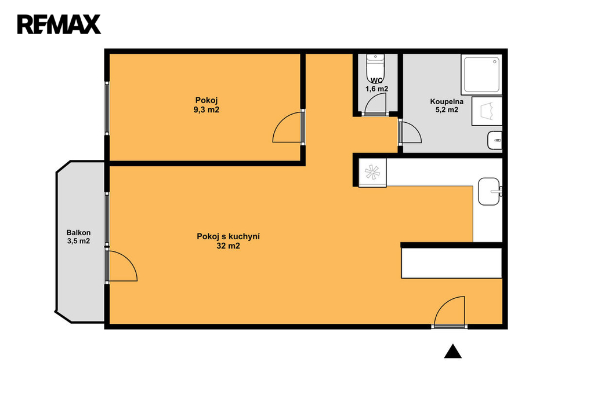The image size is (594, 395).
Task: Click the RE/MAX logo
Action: click(x=59, y=24)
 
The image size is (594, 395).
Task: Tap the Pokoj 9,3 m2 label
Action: click(x=207, y=105)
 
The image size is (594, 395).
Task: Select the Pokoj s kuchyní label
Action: click(x=228, y=236)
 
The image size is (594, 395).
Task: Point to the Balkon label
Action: click(x=78, y=233)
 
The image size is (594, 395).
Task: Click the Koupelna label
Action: click(x=447, y=101)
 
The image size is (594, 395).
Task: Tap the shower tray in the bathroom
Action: click(x=481, y=75)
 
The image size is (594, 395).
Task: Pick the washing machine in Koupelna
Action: click(x=487, y=111)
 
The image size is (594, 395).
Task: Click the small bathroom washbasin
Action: click(x=495, y=140)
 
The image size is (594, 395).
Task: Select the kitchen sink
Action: click(x=490, y=192)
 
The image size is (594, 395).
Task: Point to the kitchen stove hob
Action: click(x=372, y=173)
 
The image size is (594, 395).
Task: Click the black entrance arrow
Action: click(x=452, y=351)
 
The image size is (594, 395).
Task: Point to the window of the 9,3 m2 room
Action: click(x=107, y=108)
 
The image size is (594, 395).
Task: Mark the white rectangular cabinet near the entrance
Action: click(x=451, y=263)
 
